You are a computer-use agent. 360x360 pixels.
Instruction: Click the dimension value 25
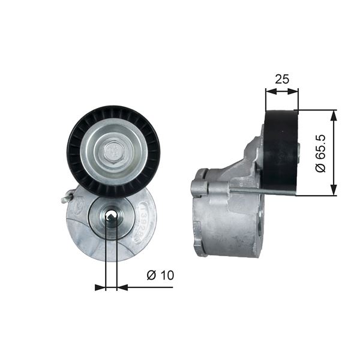281,79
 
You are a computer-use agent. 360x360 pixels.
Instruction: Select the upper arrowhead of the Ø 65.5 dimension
334,115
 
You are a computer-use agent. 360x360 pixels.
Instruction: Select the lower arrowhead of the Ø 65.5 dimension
334,190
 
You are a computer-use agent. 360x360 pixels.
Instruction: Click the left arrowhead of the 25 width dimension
269,92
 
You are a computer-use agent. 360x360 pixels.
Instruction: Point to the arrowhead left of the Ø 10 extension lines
100,287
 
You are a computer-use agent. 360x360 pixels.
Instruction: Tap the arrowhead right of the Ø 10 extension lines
122,287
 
